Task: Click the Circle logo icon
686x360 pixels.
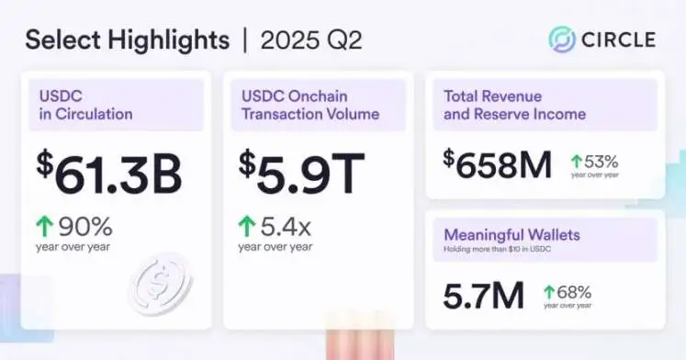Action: tap(562, 39)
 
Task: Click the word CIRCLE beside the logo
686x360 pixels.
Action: tap(617, 39)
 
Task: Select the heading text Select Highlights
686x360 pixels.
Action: tap(127, 39)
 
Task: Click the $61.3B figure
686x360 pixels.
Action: tap(109, 175)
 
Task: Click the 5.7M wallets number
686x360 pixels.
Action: tap(482, 294)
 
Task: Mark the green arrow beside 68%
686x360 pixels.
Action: tap(550, 290)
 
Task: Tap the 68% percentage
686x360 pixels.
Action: tap(573, 290)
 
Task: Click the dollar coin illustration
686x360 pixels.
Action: tap(159, 285)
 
